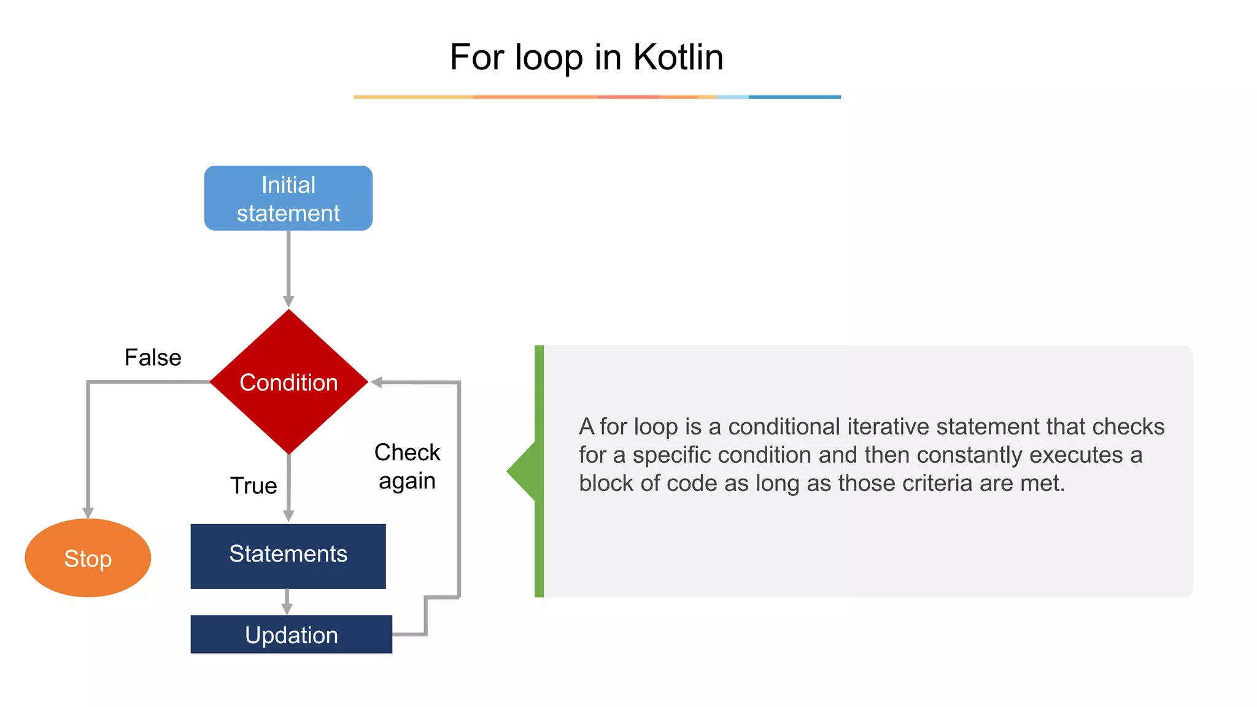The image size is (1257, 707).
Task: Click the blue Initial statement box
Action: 288,198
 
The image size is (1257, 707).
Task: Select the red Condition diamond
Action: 288,382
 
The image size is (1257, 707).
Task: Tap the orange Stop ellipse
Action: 88,558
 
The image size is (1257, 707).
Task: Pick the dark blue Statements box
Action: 288,555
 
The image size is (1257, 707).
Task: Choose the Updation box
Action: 291,634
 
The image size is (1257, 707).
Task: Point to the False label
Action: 153,357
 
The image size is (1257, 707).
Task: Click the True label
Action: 253,485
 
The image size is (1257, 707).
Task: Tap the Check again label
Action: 407,466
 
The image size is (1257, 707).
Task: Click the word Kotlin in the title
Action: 678,57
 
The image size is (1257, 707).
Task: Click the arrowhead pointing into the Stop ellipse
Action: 88,512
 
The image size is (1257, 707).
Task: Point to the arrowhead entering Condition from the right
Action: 376,382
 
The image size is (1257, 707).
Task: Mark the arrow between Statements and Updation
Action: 287,602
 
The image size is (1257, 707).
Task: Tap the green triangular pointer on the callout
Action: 522,471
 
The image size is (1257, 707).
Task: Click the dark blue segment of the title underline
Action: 794,97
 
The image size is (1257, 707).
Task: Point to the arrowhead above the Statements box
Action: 288,516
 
